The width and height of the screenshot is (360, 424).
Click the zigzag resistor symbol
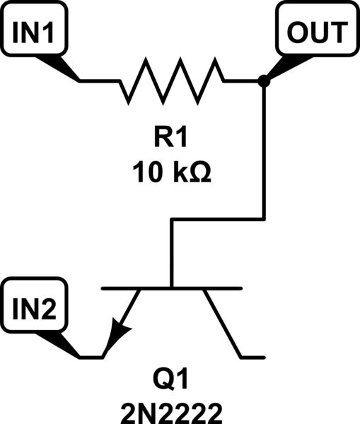[x=172, y=81]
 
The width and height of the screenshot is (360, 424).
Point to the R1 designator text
[x=173, y=138]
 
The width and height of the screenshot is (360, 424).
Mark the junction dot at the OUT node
[x=264, y=81]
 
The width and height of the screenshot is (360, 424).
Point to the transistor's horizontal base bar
[x=172, y=288]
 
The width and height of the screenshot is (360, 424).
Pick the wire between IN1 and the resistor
[x=99, y=81]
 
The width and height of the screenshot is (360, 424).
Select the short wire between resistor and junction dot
[x=242, y=81]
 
